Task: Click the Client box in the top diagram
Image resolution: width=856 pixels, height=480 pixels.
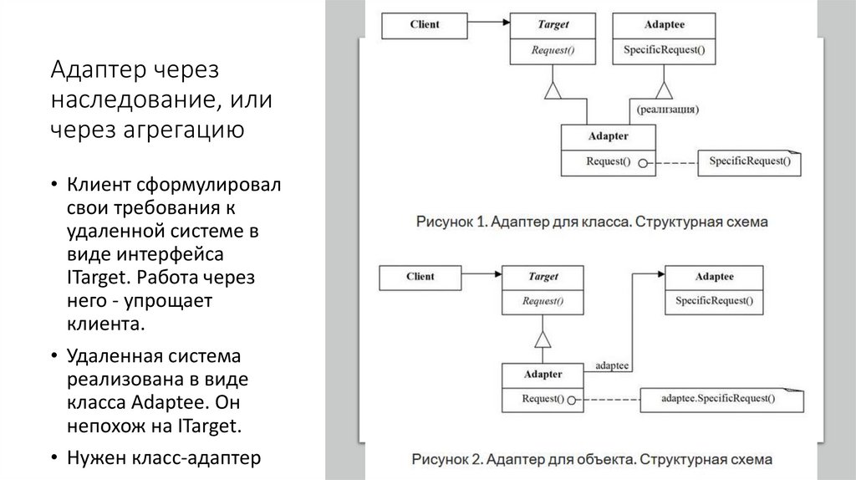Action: tap(424, 25)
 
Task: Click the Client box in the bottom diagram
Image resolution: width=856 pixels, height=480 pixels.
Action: tap(420, 277)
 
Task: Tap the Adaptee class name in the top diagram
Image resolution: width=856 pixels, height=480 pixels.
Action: tap(664, 25)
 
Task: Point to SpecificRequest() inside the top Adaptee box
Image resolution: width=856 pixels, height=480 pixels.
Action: tap(664, 51)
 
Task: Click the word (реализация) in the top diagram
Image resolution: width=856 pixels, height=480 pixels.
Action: tap(667, 109)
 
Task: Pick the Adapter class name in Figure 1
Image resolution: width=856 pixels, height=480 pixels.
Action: tap(608, 136)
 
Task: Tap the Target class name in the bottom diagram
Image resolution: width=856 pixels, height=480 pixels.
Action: tap(543, 277)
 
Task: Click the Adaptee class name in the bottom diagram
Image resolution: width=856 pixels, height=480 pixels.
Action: tap(714, 277)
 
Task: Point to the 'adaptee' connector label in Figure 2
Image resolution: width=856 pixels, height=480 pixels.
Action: tap(612, 365)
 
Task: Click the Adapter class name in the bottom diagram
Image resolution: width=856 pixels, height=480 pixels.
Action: tap(543, 375)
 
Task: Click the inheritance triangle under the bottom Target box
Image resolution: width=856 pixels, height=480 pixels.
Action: tap(543, 338)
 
